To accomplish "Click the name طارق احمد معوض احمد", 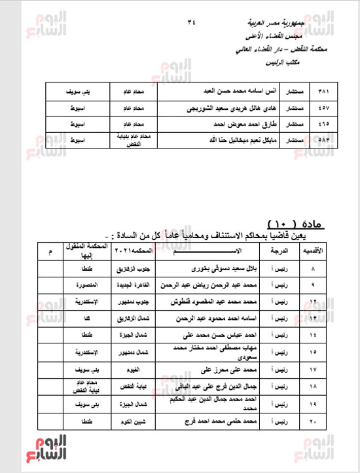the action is point(209,123).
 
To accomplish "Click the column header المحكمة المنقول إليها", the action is point(84,251).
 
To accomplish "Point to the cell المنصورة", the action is point(84,285).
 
